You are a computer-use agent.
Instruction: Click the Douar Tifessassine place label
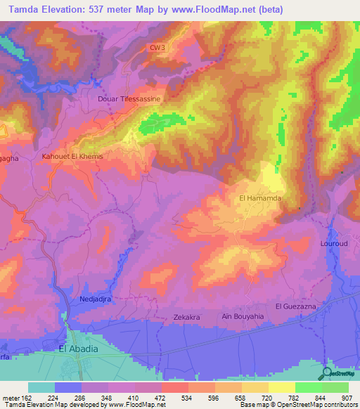[x=129, y=99]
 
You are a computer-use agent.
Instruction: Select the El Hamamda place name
[x=260, y=199]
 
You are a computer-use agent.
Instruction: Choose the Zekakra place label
[x=187, y=318]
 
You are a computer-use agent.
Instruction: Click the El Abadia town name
[x=78, y=349]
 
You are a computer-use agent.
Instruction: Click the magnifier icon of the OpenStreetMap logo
[x=326, y=373]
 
